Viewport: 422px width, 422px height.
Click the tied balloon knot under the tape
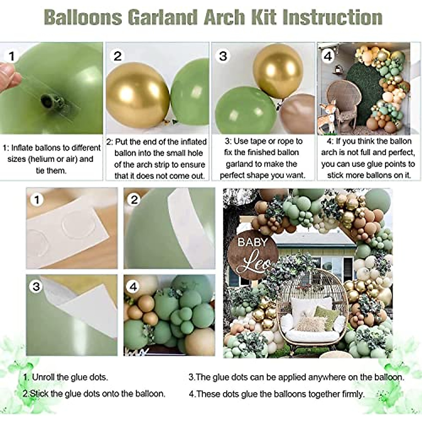pyautogui.click(x=47, y=102)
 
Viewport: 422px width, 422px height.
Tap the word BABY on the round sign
pyautogui.click(x=252, y=242)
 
